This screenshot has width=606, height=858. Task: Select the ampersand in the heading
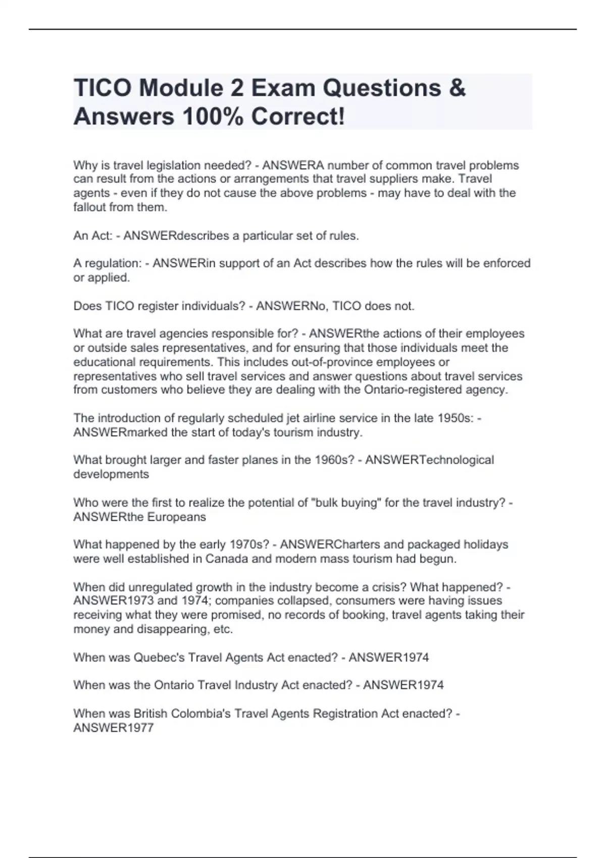click(457, 88)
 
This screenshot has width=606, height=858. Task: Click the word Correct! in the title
click(298, 117)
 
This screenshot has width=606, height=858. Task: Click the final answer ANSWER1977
click(114, 728)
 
